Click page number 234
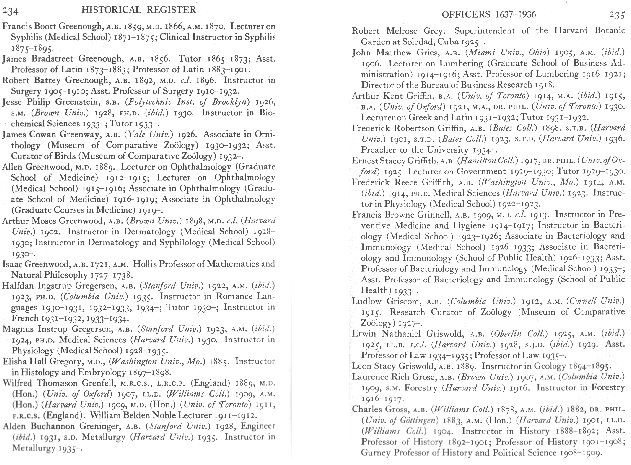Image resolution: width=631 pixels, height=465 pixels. [11, 11]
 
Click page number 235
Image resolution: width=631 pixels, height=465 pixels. [616, 15]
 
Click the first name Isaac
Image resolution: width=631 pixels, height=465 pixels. [12, 264]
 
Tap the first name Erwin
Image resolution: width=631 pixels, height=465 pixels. [364, 334]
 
